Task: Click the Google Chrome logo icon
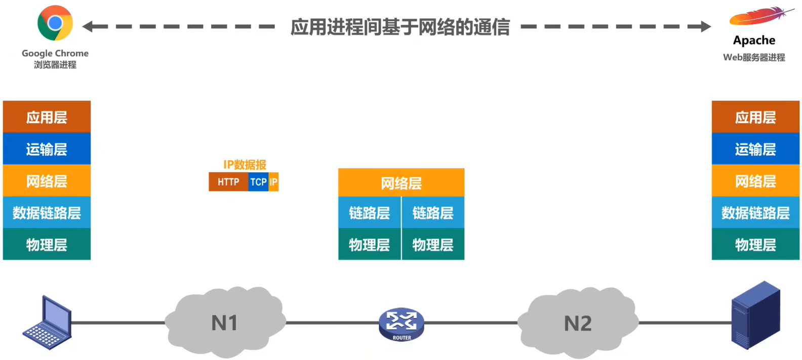(x=55, y=23)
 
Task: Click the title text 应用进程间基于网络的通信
(x=400, y=27)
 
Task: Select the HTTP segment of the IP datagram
(x=228, y=182)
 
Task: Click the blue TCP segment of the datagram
(x=258, y=182)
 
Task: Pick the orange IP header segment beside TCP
(x=273, y=182)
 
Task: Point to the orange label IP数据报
(x=245, y=165)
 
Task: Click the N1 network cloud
(x=224, y=322)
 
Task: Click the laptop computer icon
(x=48, y=323)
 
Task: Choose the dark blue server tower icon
(x=755, y=314)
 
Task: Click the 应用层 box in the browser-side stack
(x=47, y=117)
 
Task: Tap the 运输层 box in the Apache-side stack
(x=755, y=149)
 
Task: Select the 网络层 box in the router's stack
(x=401, y=183)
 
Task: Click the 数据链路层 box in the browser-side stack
(x=47, y=213)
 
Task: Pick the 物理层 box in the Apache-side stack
(x=755, y=245)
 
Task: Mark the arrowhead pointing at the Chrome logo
(x=88, y=26)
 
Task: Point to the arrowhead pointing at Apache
(x=706, y=26)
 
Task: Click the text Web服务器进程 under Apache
(x=754, y=58)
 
